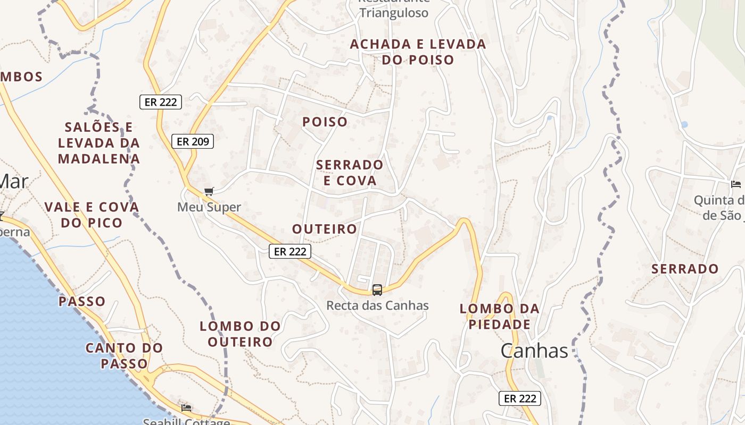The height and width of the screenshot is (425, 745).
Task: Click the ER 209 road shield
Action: (x=193, y=141)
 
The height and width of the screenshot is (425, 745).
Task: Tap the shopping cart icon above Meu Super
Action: (x=209, y=192)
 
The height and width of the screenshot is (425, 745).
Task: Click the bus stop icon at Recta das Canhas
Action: (x=377, y=290)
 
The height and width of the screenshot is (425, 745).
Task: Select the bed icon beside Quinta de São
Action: (x=736, y=184)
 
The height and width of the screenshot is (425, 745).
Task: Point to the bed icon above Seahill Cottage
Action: (x=186, y=408)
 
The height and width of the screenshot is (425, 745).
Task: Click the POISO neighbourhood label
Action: (x=325, y=122)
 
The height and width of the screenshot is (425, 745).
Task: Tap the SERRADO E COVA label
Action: (x=350, y=173)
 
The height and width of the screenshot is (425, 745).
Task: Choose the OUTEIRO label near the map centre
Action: (x=325, y=229)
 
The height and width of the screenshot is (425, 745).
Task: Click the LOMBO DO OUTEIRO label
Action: (x=240, y=334)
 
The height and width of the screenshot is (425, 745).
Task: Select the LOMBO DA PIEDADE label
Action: (x=500, y=317)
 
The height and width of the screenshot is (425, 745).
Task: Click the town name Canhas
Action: (x=534, y=351)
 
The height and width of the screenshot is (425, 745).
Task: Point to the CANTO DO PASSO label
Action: (x=125, y=356)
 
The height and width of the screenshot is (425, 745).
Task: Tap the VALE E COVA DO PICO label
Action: (x=92, y=215)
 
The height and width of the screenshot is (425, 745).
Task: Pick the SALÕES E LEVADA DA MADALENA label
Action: (x=99, y=143)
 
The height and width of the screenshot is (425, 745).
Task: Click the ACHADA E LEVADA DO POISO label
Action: (x=418, y=52)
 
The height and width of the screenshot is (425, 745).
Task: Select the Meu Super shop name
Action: (x=209, y=207)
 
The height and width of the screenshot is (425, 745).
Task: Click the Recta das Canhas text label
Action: (x=377, y=305)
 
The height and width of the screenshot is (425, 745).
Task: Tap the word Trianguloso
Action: (x=394, y=13)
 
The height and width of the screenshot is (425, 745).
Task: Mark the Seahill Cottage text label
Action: (x=186, y=422)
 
